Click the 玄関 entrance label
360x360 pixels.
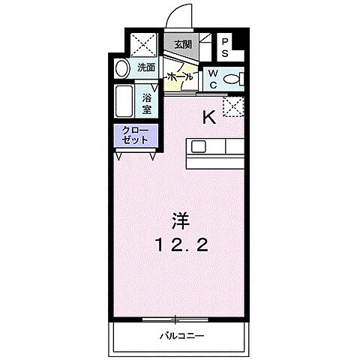183,43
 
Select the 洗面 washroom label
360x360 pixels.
145,67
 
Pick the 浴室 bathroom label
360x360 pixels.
148,102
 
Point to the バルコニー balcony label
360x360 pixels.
181,336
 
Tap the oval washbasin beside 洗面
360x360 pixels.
122,70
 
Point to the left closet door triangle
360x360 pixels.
121,155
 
